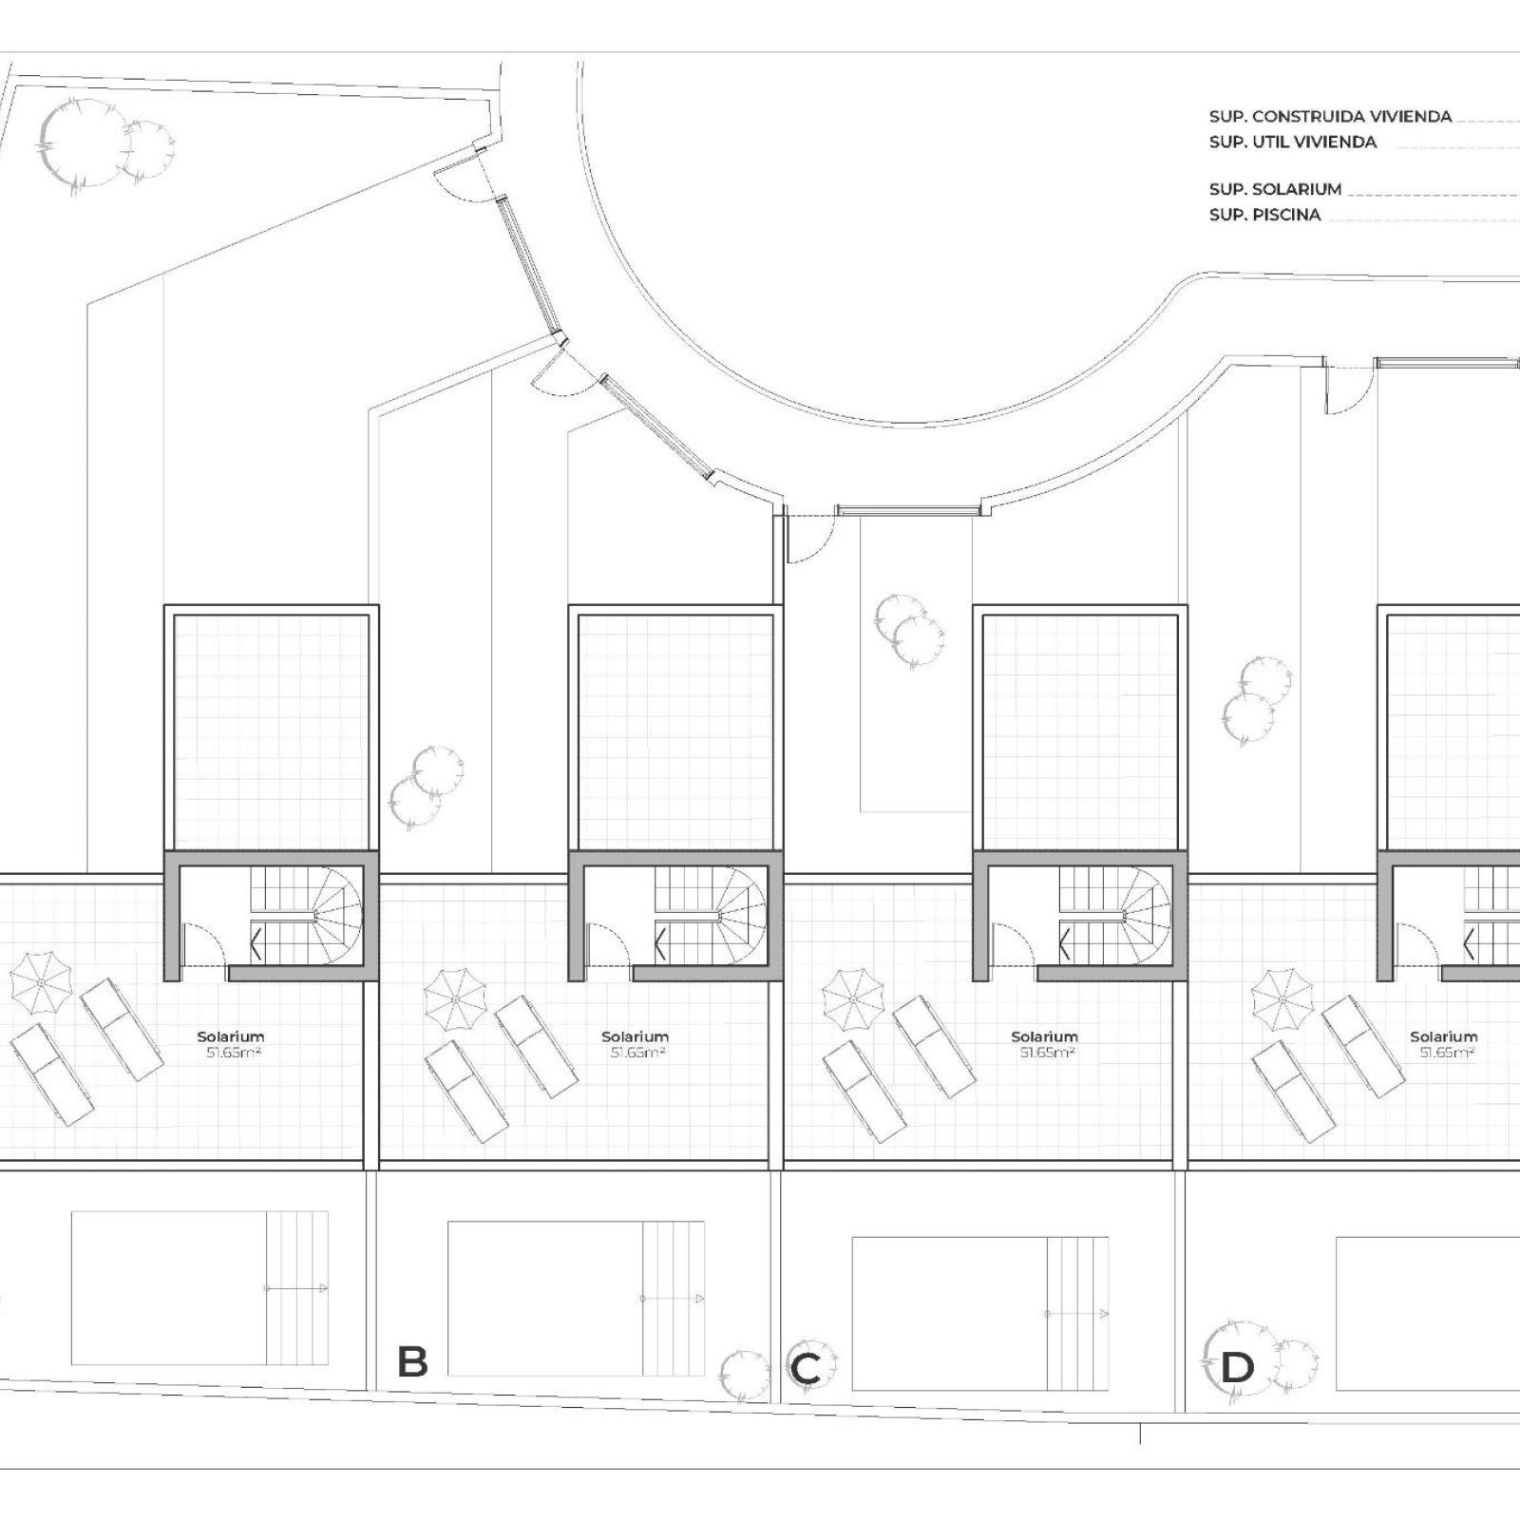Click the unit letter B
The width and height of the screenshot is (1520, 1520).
click(x=412, y=1361)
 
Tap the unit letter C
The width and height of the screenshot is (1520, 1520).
click(x=805, y=1370)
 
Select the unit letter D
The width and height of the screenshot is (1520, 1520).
click(x=1236, y=1369)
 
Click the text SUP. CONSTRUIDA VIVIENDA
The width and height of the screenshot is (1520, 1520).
click(x=1330, y=117)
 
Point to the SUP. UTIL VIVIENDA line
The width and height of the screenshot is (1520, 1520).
click(x=1293, y=142)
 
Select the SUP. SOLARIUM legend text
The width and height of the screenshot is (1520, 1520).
click(x=1275, y=189)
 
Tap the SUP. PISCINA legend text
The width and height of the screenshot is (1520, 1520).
click(x=1264, y=215)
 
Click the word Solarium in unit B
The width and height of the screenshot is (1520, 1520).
click(x=635, y=1036)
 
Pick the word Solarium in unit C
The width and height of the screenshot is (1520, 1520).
click(x=1044, y=1036)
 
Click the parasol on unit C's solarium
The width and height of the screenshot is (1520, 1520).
click(x=852, y=998)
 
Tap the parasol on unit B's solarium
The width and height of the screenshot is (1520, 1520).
click(x=455, y=998)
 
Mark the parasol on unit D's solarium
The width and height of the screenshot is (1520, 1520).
click(x=1282, y=998)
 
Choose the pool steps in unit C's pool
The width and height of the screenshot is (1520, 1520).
click(x=1078, y=1313)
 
